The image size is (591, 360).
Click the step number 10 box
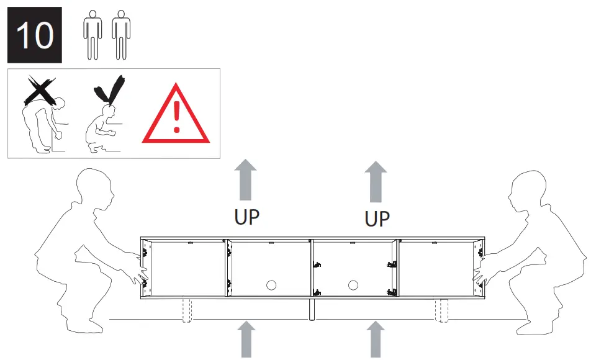(34, 35)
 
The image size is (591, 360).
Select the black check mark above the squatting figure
(109, 91)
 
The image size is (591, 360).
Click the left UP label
(246, 218)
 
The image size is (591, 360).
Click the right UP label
(377, 219)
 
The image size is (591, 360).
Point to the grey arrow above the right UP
(375, 181)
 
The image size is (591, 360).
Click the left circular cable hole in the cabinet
(271, 286)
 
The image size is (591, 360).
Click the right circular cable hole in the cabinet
(353, 286)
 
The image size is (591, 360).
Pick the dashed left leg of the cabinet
(186, 310)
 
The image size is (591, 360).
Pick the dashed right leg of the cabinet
(442, 310)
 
